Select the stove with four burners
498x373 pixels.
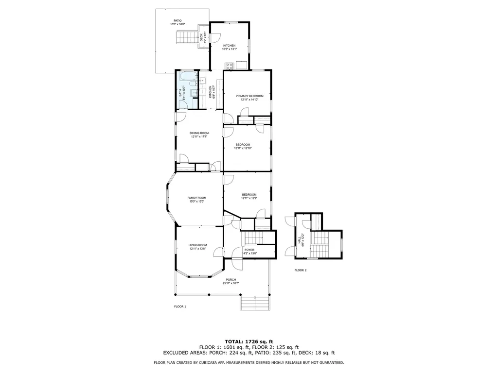(x=229, y=66)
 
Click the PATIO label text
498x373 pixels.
(x=178, y=21)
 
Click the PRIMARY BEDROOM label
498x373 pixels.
(x=249, y=96)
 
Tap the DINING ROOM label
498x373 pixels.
(x=199, y=133)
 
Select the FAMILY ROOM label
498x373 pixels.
(x=197, y=198)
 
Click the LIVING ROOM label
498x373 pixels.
(x=198, y=245)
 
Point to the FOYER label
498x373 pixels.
(x=249, y=250)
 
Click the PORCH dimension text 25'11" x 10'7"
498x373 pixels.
(x=231, y=283)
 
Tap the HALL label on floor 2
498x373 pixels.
(x=299, y=240)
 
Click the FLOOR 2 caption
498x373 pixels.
(x=300, y=270)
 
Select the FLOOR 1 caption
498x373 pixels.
(x=180, y=306)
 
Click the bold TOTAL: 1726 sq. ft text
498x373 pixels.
(x=249, y=342)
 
